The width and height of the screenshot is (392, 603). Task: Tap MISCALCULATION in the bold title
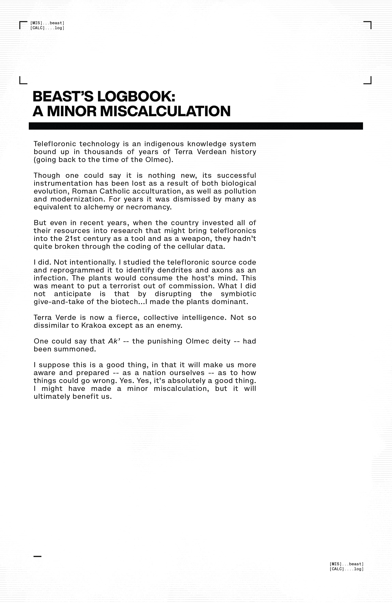click(x=165, y=111)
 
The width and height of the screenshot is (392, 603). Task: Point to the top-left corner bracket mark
click(x=23, y=25)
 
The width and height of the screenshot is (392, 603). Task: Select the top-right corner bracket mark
click(x=368, y=25)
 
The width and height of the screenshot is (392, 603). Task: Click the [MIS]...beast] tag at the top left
click(x=47, y=23)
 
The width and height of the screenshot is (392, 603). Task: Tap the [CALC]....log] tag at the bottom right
click(x=346, y=569)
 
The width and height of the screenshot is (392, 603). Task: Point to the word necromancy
click(x=149, y=207)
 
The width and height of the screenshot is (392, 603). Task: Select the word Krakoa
click(x=94, y=325)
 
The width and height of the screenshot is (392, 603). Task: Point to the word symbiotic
click(x=238, y=294)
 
